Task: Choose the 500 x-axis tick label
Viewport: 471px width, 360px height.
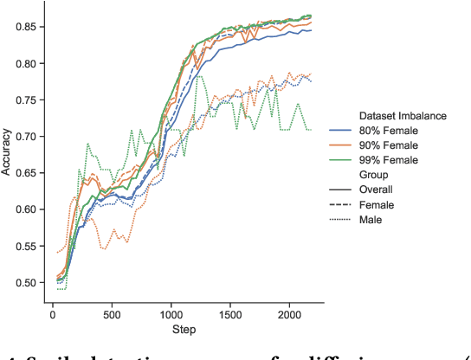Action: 111,315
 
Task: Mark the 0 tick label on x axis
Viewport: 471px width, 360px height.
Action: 52,315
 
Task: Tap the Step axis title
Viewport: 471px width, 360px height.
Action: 183,330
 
